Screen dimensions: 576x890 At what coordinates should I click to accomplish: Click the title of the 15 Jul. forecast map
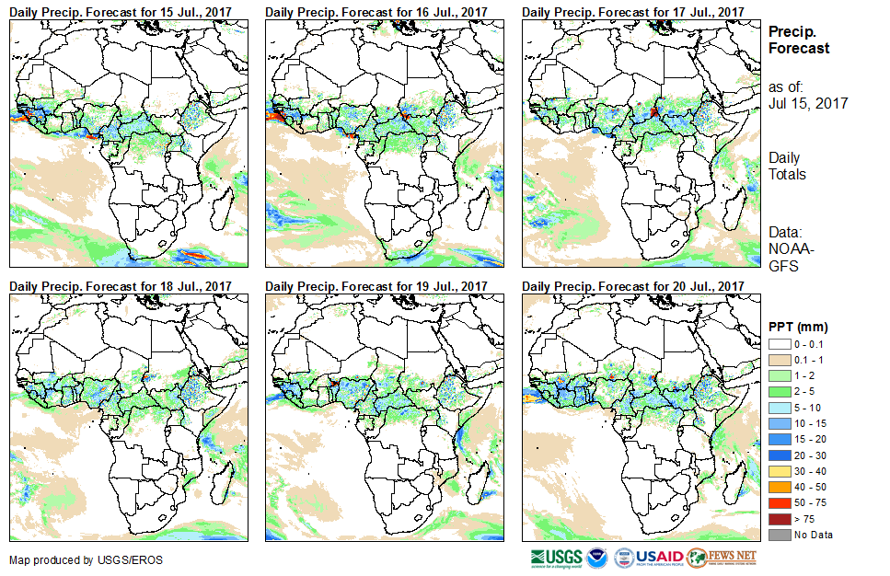(121, 11)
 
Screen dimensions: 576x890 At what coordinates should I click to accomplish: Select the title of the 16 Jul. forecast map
(376, 11)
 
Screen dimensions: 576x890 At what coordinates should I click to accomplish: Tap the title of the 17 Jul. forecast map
(632, 11)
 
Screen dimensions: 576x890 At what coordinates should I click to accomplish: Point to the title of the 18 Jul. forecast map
(121, 287)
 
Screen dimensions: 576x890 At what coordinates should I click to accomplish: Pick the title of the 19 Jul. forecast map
(376, 287)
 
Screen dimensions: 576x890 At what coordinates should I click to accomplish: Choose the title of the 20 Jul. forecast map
(632, 287)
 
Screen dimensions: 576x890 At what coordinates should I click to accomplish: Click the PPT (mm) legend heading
(797, 327)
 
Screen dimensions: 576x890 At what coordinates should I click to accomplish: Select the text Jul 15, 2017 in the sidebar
(808, 103)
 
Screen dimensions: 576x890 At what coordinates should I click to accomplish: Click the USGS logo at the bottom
(556, 558)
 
